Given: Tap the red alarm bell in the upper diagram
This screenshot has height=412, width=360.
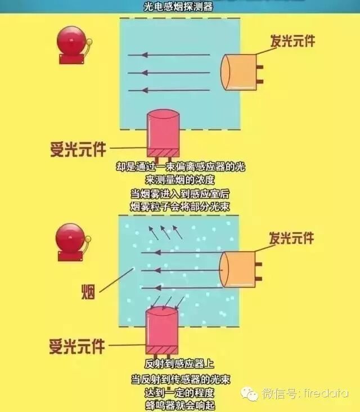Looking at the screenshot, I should pos(72,43).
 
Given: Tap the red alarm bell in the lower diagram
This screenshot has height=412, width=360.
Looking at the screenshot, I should pos(72,241).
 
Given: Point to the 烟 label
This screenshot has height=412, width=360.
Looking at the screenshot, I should pos(88,292).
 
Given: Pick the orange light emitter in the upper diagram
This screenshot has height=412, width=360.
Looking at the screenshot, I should pos(240,72).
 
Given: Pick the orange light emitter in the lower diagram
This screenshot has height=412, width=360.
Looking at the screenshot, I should pos(238,270).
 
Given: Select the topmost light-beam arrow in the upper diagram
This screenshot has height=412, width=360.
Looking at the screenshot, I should pos(169,55).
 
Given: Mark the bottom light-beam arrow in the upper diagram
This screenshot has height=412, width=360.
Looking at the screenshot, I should pos(169,90).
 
